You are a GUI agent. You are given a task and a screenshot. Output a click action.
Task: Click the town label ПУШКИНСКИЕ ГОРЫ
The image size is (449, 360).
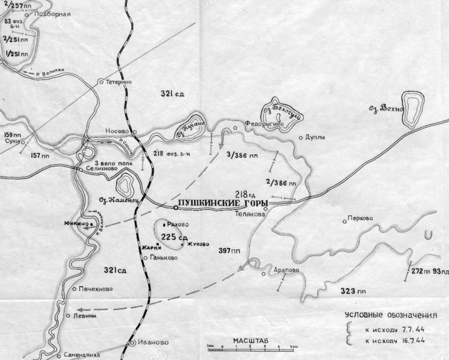pyautogui.click(x=223, y=204)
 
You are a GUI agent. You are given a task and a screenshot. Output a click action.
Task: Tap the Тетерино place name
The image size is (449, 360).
pyautogui.click(x=119, y=82)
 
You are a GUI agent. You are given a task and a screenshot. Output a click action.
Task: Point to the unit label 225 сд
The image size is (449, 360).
pyautogui.click(x=171, y=237)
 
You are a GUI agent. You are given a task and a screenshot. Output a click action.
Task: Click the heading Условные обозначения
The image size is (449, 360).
pyautogui.click(x=390, y=315)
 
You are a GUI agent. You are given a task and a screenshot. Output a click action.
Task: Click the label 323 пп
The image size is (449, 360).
pyautogui.click(x=354, y=291)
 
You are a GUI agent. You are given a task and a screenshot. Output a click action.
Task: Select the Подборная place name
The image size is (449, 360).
pyautogui.click(x=52, y=14)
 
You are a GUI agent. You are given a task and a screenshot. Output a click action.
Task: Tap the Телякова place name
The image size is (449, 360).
pyautogui.click(x=247, y=215)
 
